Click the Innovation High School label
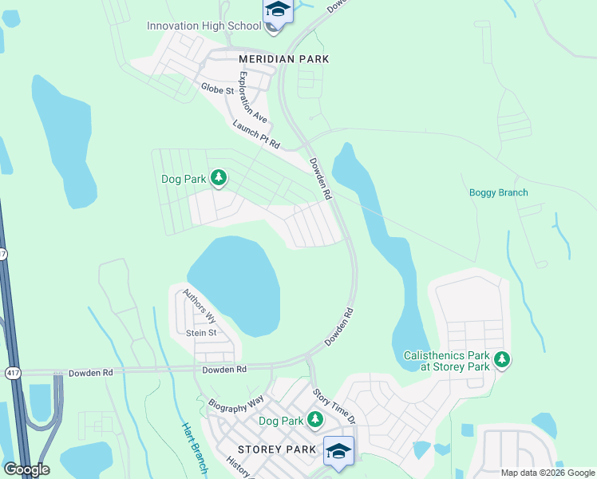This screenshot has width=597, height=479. [204, 26]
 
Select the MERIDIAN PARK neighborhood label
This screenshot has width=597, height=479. [284, 59]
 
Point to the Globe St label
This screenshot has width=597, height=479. [217, 89]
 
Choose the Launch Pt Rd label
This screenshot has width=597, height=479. [256, 134]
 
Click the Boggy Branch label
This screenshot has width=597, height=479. [498, 192]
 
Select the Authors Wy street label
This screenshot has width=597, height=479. [200, 306]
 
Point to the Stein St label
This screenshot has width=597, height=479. [201, 333]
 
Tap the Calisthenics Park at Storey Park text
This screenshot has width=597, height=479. [445, 360]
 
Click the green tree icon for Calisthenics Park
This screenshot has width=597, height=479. [502, 360]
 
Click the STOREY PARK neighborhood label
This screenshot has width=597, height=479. [271, 449]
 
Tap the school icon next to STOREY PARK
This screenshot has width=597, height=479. [338, 450]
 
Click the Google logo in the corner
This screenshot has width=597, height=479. [26, 469]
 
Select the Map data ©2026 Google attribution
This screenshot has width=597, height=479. [548, 473]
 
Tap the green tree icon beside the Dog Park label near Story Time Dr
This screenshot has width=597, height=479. [315, 419]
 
